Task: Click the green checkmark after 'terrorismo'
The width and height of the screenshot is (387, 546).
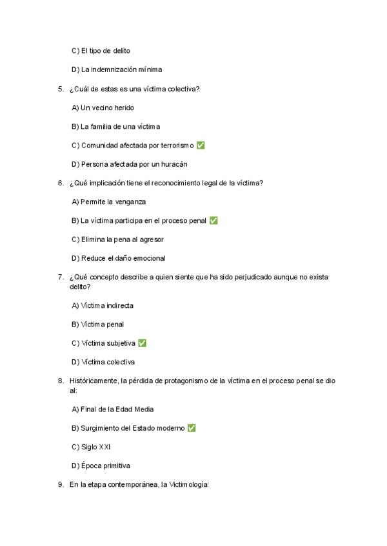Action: [x=201, y=146]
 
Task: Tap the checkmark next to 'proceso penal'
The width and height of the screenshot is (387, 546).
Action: [x=213, y=221]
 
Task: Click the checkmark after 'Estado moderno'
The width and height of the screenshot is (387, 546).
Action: [x=192, y=428]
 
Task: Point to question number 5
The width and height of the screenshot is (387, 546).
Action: [x=61, y=89]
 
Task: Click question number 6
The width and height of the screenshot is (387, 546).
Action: [x=61, y=183]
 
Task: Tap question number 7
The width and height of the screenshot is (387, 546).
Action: [x=61, y=277]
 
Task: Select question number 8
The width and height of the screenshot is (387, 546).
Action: [x=61, y=381]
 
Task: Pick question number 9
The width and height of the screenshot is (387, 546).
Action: [x=61, y=484]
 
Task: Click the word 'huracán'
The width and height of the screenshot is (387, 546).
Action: [x=174, y=164]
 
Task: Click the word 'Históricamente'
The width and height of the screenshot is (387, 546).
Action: [x=94, y=381]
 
